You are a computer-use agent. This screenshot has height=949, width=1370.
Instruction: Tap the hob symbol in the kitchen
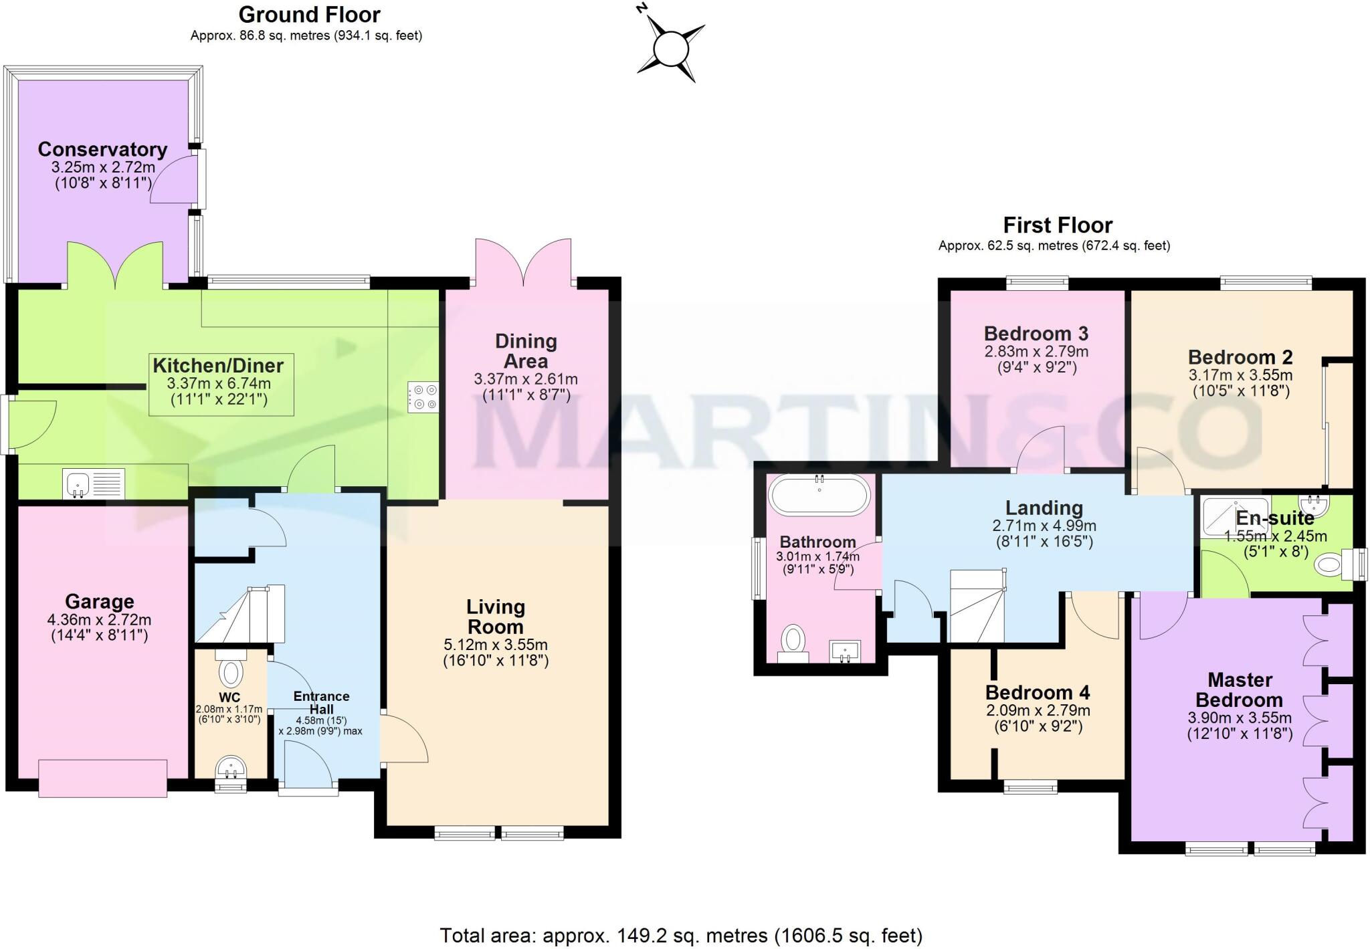pyautogui.click(x=423, y=397)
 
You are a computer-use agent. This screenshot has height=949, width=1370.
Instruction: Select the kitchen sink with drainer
pyautogui.click(x=94, y=484)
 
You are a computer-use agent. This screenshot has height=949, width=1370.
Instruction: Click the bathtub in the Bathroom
pyautogui.click(x=819, y=496)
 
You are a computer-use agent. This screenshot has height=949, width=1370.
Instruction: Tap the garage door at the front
pyautogui.click(x=102, y=778)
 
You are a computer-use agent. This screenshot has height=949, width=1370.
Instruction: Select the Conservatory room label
pyautogui.click(x=102, y=149)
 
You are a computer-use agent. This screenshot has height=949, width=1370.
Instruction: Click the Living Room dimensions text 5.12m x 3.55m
pyautogui.click(x=496, y=645)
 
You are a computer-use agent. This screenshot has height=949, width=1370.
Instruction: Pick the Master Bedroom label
pyautogui.click(x=1240, y=690)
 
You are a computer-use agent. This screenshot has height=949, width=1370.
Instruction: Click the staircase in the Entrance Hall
pyautogui.click(x=241, y=613)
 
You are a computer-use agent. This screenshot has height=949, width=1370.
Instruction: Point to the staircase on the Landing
pyautogui.click(x=978, y=605)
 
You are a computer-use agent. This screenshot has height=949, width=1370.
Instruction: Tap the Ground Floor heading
pyautogui.click(x=309, y=14)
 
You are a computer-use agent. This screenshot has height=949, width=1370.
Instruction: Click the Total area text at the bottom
pyautogui.click(x=680, y=935)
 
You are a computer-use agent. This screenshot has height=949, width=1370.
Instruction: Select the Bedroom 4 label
pyautogui.click(x=1038, y=692)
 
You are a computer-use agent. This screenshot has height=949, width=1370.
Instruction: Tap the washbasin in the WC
pyautogui.click(x=231, y=768)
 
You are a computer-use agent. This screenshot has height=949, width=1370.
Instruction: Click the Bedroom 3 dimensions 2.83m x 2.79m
pyautogui.click(x=1036, y=352)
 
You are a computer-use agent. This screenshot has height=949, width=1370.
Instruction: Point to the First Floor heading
pyautogui.click(x=1057, y=225)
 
